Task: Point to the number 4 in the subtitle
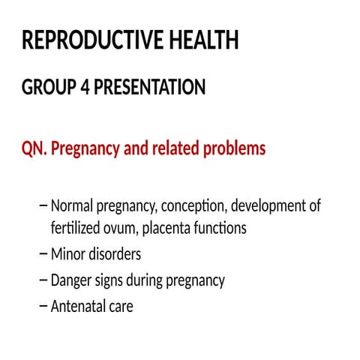82,88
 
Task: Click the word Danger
73,280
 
